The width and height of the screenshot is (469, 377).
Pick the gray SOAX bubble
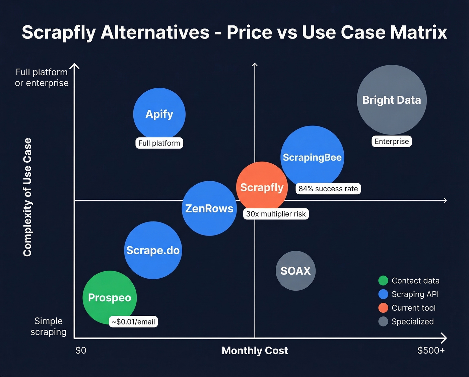tap(295, 271)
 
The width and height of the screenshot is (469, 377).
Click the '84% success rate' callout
tap(328, 189)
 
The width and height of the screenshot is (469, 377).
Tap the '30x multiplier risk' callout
tap(276, 214)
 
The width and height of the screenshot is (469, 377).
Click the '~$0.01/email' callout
tap(133, 322)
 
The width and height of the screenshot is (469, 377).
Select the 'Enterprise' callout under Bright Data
tap(392, 142)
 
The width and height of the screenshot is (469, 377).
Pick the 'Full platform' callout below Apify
tap(159, 143)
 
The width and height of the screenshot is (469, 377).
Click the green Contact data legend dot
tap(383, 281)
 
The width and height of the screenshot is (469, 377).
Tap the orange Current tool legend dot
tap(383, 308)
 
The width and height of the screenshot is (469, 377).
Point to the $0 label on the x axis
tap(81, 350)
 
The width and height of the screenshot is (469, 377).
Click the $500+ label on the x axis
tap(431, 350)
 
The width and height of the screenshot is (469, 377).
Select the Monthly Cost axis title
tap(255, 351)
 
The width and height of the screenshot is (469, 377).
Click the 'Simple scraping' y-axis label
tap(49, 326)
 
